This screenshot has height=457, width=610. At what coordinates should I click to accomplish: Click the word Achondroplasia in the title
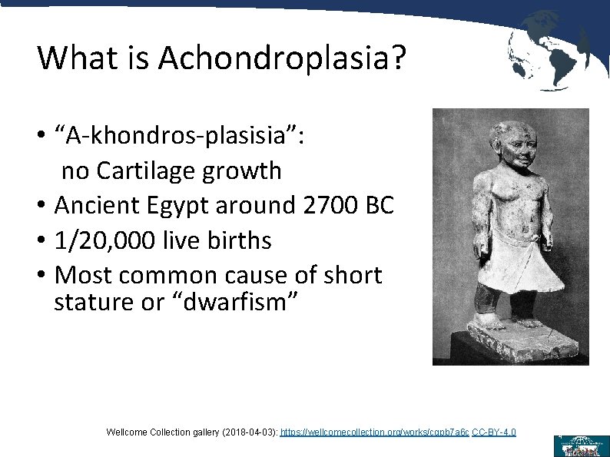pos(281,58)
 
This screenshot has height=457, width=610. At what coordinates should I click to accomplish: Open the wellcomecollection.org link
pos(374,433)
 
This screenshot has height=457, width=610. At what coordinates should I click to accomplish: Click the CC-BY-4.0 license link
pos(494,433)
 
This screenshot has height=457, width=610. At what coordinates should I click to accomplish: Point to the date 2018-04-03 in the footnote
pos(250,433)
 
